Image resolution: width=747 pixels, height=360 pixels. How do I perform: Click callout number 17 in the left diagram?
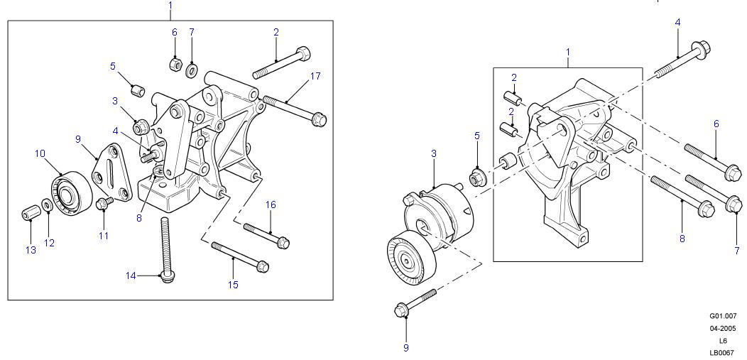click(315, 76)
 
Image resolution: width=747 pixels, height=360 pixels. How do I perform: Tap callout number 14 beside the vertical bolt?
click(131, 276)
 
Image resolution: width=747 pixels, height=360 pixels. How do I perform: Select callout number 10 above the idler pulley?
click(40, 153)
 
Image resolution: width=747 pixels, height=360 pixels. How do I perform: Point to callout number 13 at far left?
click(31, 250)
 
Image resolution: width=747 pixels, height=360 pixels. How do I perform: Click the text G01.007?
click(723, 316)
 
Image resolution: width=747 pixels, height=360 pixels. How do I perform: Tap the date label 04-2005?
click(723, 329)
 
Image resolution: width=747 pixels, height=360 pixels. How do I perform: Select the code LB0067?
click(723, 353)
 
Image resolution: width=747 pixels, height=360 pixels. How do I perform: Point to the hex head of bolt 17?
click(319, 119)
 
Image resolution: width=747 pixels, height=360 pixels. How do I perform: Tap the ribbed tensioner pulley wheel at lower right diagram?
click(410, 259)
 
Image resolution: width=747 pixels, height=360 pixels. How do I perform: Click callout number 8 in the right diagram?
click(682, 239)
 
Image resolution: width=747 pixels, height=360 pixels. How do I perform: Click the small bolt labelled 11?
click(104, 203)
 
